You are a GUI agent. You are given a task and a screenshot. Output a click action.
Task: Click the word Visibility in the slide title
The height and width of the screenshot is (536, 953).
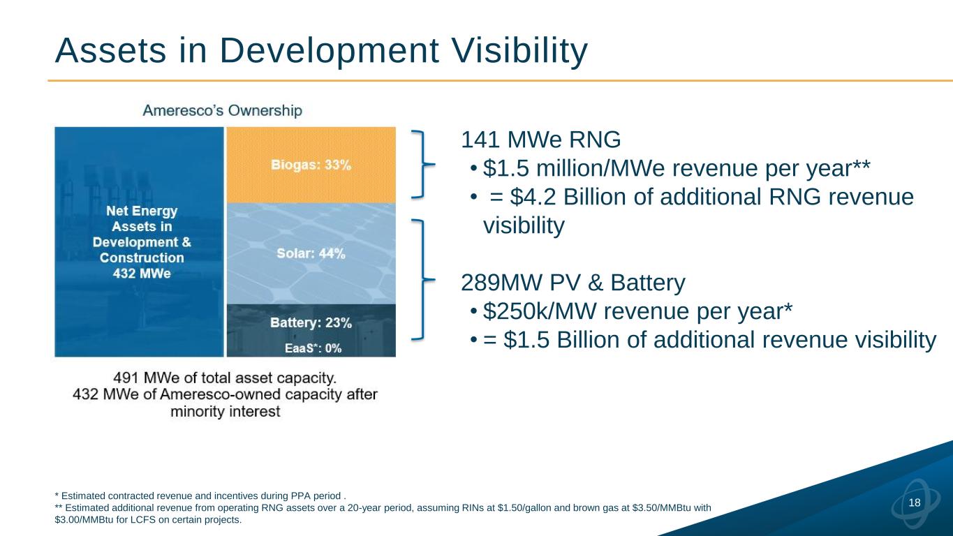[519, 51]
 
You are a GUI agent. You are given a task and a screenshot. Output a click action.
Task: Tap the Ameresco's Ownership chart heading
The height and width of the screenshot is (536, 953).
[223, 110]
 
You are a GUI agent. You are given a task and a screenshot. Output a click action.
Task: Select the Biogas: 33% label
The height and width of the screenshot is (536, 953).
[311, 165]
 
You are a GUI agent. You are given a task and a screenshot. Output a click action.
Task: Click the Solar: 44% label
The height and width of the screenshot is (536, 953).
[311, 253]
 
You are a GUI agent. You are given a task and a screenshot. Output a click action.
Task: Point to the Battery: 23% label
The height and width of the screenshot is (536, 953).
[311, 323]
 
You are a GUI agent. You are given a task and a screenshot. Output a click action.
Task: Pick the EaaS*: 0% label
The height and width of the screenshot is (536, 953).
[313, 348]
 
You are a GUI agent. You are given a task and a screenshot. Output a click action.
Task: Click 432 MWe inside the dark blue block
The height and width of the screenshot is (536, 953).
[142, 273]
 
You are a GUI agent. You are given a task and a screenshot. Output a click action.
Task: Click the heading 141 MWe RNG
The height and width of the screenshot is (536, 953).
[541, 140]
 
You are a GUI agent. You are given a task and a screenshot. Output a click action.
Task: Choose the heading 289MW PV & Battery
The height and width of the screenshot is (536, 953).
[573, 283]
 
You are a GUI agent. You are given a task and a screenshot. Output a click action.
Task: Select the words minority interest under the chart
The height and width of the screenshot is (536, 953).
[226, 412]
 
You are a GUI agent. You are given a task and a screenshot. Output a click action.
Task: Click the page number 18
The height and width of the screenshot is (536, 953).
[915, 502]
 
